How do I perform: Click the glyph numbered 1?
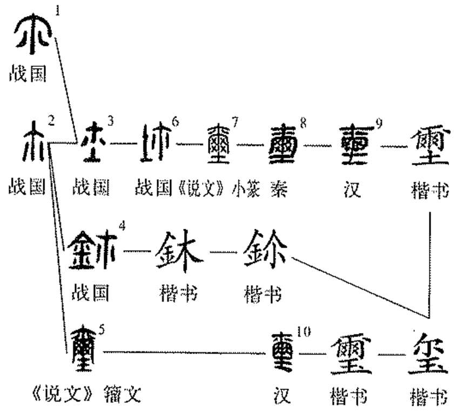tap(33, 35)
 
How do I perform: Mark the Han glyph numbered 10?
tap(282, 353)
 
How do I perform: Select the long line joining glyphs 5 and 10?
tap(184, 352)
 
